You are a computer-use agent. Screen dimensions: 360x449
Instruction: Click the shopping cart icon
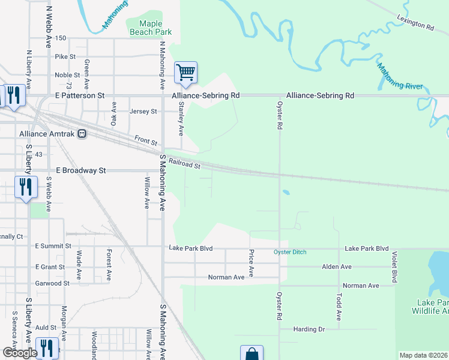pyautogui.click(x=185, y=73)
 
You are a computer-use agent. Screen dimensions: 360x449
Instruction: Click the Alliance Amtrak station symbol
pyautogui.click(x=83, y=134)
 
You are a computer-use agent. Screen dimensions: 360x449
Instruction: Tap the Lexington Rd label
pyautogui.click(x=415, y=23)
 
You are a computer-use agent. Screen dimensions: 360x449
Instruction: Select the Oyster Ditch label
pyautogui.click(x=290, y=252)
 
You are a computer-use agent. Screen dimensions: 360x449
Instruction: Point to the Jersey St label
pyautogui.click(x=143, y=112)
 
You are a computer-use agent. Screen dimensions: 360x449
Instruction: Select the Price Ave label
pyautogui.click(x=252, y=263)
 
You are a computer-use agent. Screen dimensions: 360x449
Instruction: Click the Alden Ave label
pyautogui.click(x=337, y=266)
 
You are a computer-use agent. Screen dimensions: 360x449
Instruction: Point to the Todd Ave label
pyautogui.click(x=339, y=307)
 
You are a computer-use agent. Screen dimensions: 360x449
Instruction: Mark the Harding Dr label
pyautogui.click(x=309, y=329)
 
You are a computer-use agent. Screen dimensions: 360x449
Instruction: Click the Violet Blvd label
pyautogui.click(x=394, y=267)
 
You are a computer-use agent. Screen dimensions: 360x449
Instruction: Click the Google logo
pyautogui.click(x=20, y=353)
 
